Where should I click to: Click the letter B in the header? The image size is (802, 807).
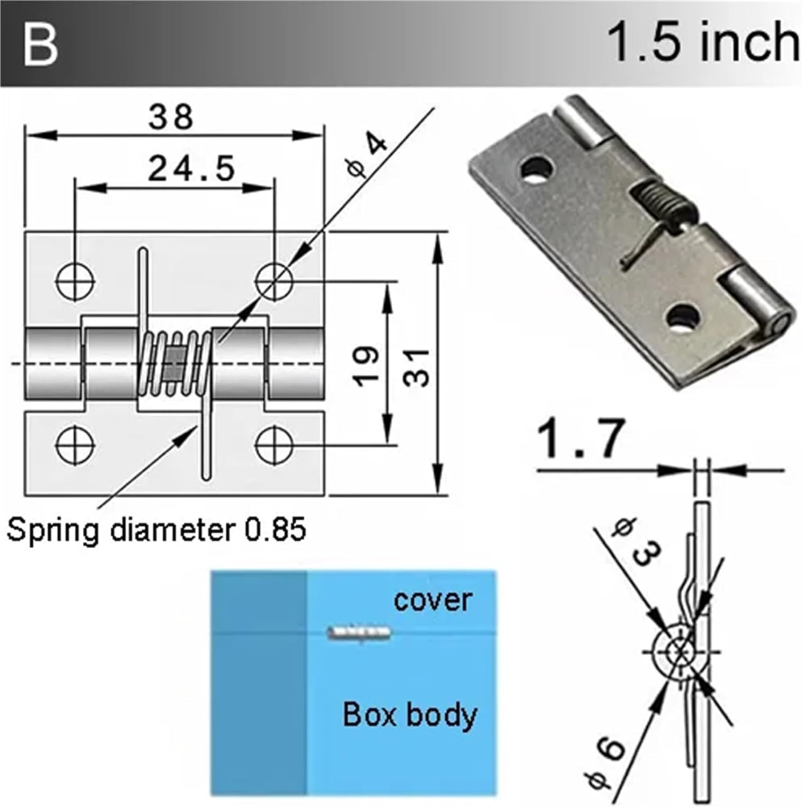click(x=40, y=45)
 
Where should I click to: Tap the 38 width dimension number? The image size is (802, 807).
click(x=171, y=117)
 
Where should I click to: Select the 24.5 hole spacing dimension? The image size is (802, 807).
click(x=191, y=168)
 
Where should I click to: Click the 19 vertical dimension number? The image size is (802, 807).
click(x=367, y=366)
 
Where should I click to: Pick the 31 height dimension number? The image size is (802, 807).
click(x=417, y=367)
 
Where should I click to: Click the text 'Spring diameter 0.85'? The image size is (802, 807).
click(x=156, y=529)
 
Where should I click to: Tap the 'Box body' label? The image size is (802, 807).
click(x=410, y=715)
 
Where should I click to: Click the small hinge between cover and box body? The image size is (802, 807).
click(x=359, y=633)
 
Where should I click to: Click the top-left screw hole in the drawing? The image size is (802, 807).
click(x=76, y=281)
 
